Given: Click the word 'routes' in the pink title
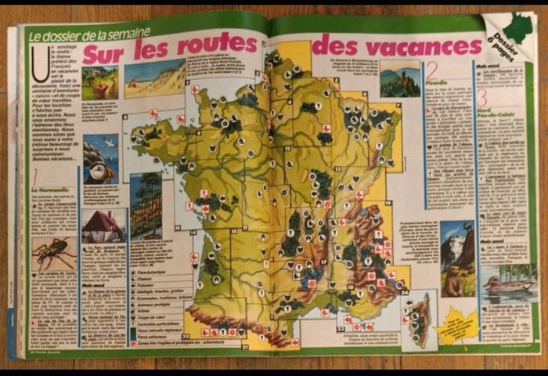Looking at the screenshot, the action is click(x=217, y=46).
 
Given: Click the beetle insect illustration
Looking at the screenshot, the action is click(x=52, y=254).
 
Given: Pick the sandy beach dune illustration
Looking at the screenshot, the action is click(x=153, y=78).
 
